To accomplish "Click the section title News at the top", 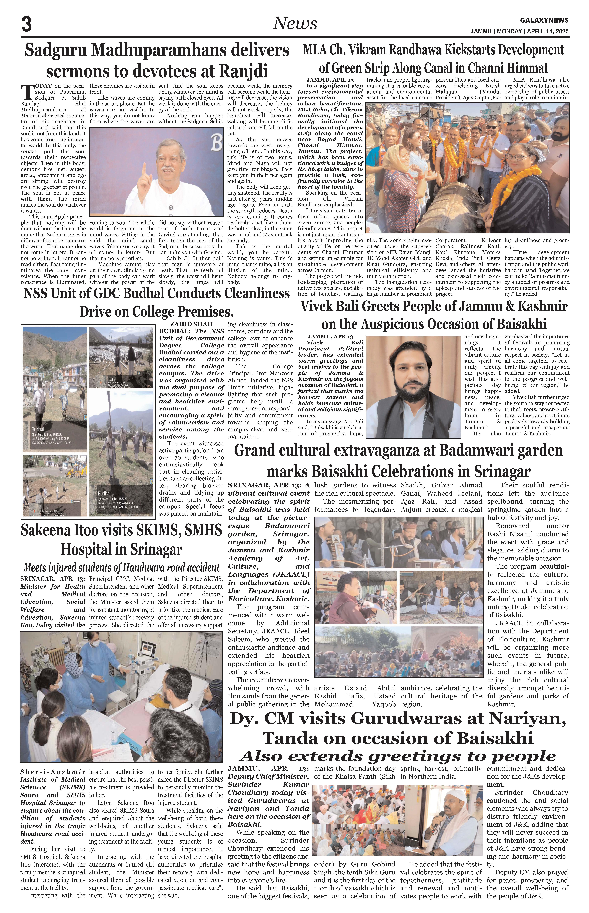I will click(x=294, y=24).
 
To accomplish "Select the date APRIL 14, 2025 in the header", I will click(x=548, y=31).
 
